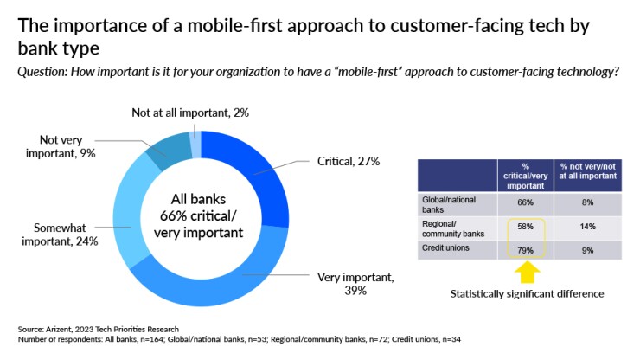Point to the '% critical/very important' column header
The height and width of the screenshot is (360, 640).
[x=525, y=176]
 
